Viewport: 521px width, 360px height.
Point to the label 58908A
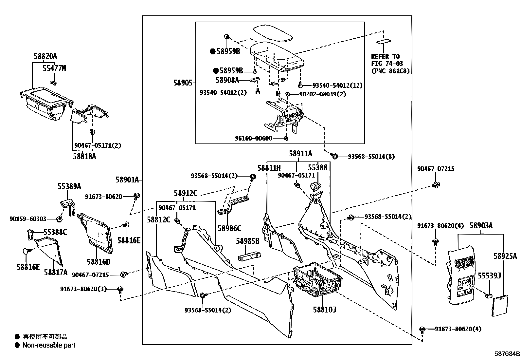coord(227,80)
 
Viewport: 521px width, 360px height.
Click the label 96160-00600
coord(253,138)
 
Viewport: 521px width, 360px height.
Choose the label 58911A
coord(300,154)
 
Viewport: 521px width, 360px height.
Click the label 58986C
coord(229,228)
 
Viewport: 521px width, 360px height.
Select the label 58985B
coord(247,241)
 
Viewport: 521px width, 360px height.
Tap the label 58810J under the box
coord(324,309)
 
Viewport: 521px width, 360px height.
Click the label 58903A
coord(481,226)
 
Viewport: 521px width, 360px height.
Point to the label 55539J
coord(489,276)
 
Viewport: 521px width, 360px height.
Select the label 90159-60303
coord(28,219)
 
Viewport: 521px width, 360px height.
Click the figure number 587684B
coord(507,354)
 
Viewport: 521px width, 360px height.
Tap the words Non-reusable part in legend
coord(49,345)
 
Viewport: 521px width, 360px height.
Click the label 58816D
coord(98,262)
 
